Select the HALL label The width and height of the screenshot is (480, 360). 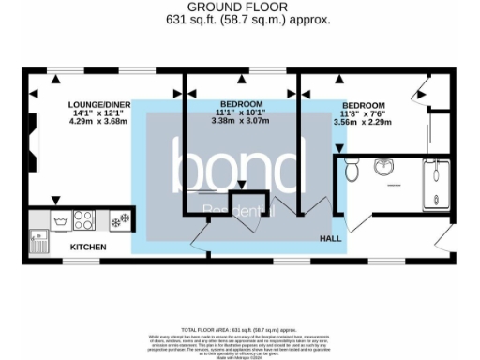pyautogui.click(x=330, y=239)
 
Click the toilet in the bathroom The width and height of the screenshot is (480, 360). pyautogui.click(x=352, y=172)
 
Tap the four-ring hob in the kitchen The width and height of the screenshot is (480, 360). pyautogui.click(x=83, y=221)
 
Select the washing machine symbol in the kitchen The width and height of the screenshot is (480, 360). pyautogui.click(x=62, y=221)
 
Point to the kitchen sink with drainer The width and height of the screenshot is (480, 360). pyautogui.click(x=39, y=223)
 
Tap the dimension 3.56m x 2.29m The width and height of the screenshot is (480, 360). pyautogui.click(x=363, y=121)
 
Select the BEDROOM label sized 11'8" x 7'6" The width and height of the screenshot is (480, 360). pyautogui.click(x=363, y=105)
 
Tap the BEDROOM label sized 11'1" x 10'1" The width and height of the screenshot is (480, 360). pyautogui.click(x=241, y=102)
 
